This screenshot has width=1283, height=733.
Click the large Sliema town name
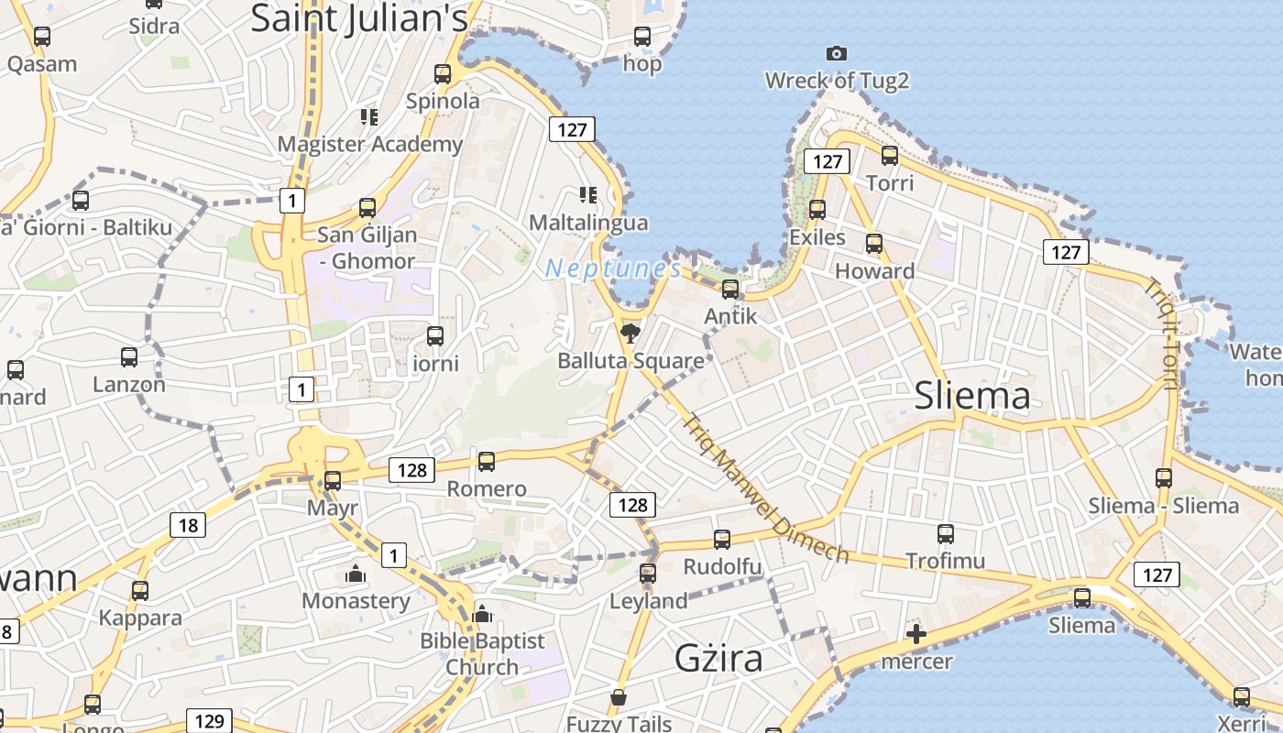coord(972,396)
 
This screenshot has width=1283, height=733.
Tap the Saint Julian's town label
coord(359,18)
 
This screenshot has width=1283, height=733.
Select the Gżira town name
coord(718,658)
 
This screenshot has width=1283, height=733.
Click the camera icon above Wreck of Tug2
coord(836,54)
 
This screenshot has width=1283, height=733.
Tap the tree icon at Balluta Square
coord(630,333)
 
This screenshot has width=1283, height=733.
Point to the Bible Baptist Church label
coord(482,653)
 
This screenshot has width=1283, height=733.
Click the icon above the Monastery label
coord(356,574)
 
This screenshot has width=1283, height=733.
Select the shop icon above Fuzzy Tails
coord(619,697)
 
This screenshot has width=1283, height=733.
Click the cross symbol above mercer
coord(916,634)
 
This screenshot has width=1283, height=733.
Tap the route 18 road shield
coord(188,525)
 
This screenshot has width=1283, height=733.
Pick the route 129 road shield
coord(209,720)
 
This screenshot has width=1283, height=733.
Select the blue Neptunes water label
coord(613,268)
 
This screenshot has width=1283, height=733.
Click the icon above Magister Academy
coord(369,116)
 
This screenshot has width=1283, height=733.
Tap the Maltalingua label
coord(588,223)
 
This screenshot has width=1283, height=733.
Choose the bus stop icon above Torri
coord(889,156)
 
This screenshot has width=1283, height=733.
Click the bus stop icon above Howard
coord(874,244)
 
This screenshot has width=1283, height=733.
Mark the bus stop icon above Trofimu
coord(946,533)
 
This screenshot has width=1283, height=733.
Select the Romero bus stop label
coord(487,488)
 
